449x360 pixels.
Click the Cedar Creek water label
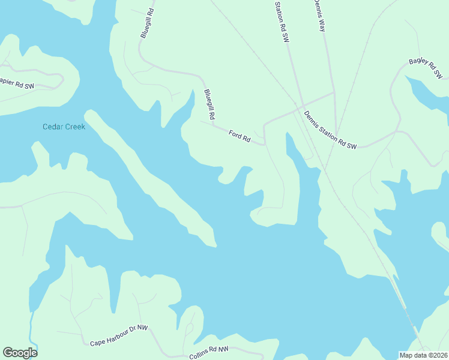(x=64, y=127)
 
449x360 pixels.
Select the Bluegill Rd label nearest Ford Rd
(x=209, y=103)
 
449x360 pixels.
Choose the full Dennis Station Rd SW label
(x=330, y=130)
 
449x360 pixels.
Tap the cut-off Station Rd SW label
(x=282, y=21)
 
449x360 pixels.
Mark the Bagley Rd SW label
(x=426, y=69)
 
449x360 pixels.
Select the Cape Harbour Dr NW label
(x=119, y=335)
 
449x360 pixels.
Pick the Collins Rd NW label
(x=209, y=353)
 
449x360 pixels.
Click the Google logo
(x=20, y=353)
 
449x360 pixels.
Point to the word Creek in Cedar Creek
(x=75, y=127)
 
